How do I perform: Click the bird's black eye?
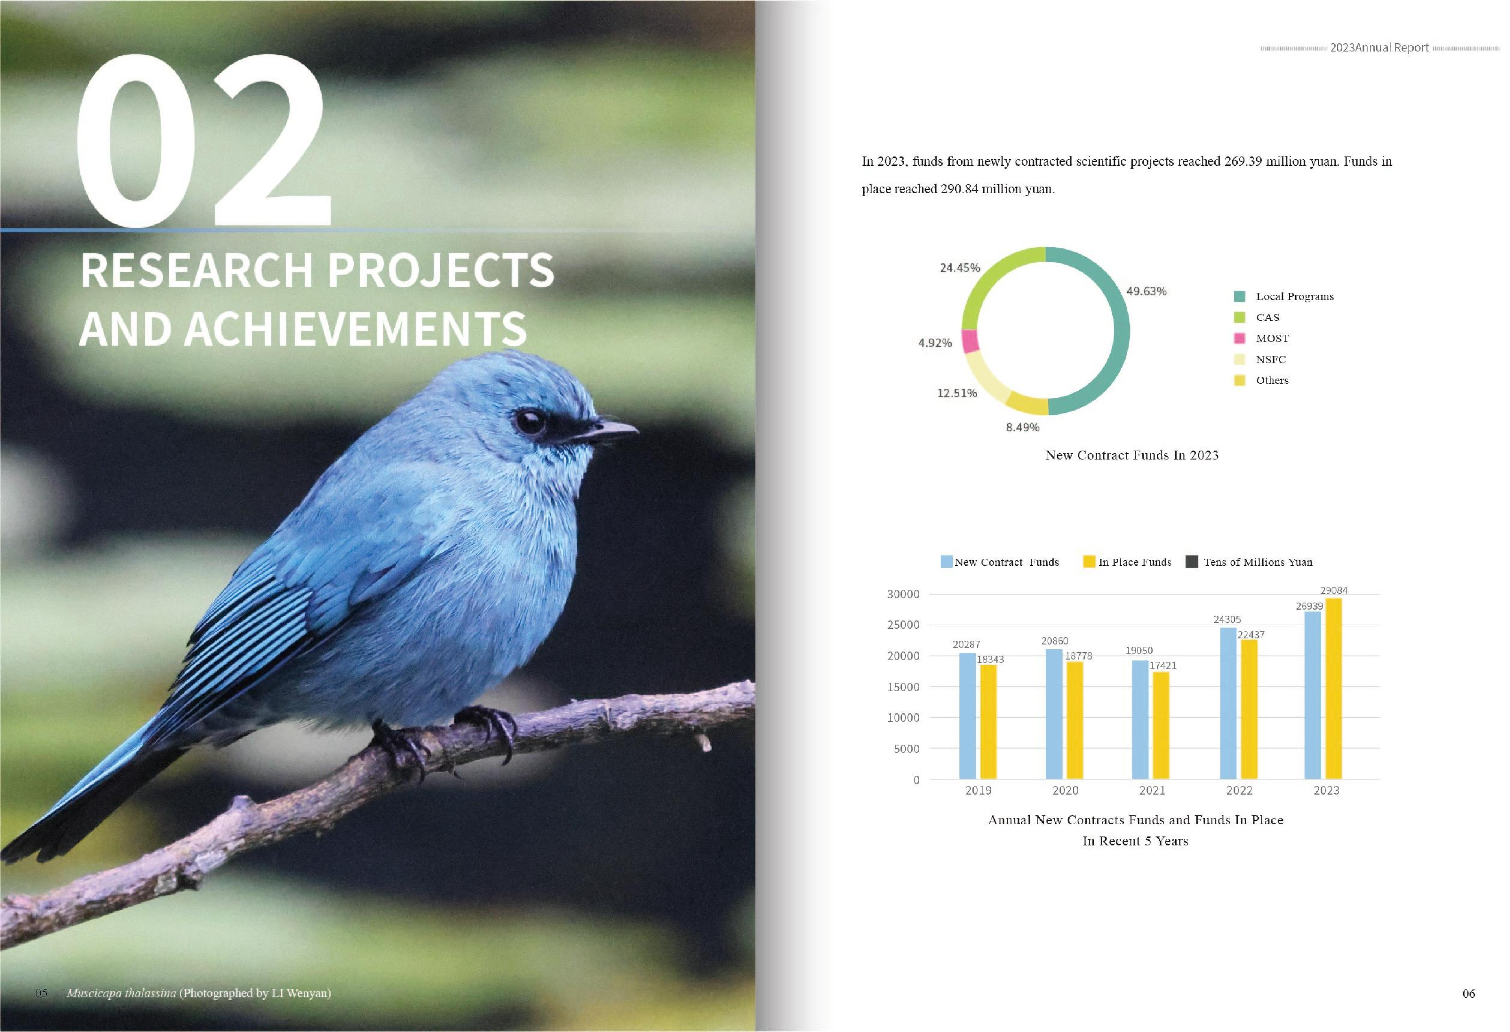point(530,422)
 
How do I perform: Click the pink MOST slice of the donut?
point(970,341)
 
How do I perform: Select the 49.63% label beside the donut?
point(1146,291)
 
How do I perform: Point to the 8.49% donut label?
point(1023,427)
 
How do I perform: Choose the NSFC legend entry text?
point(1270,359)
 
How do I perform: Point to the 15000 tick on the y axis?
point(903,687)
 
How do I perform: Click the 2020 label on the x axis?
point(1065,790)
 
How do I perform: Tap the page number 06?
point(1468,993)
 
